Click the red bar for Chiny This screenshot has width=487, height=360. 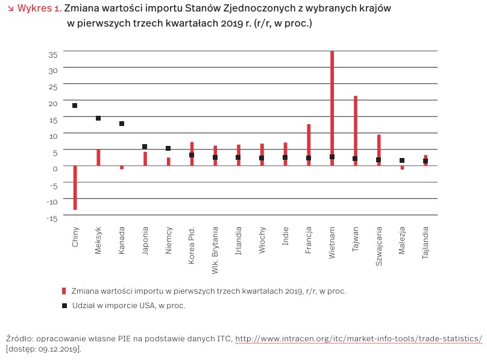point(75,188)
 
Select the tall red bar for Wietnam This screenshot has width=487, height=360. point(332,103)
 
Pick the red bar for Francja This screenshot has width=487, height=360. point(309,142)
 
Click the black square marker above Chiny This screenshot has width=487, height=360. point(75,106)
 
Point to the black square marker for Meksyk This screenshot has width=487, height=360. point(98,118)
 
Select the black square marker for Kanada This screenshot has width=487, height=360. point(122,124)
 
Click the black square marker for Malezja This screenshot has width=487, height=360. point(402,160)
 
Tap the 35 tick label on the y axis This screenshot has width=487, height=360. point(53,54)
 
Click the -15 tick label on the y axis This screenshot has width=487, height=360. point(52,218)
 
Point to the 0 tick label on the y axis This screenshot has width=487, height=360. point(55,169)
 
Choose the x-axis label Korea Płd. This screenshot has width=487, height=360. point(192,241)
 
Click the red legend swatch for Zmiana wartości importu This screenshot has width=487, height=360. point(64,291)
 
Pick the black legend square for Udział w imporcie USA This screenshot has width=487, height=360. point(64,306)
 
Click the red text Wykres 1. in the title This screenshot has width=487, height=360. point(39,8)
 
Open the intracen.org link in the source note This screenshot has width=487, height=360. point(359,339)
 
